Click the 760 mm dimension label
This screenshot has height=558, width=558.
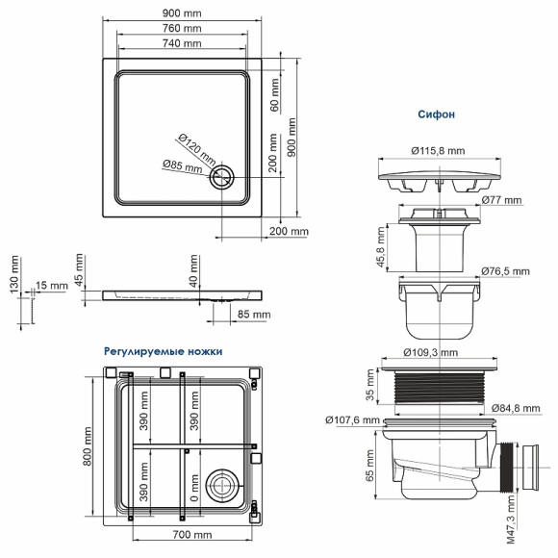click(182, 28)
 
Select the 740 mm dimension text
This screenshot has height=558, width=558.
click(182, 44)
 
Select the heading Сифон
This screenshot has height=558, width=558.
click(436, 114)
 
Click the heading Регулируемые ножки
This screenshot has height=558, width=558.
click(164, 352)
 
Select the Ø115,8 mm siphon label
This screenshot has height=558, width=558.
click(438, 150)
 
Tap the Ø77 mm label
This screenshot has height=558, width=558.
click(500, 201)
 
